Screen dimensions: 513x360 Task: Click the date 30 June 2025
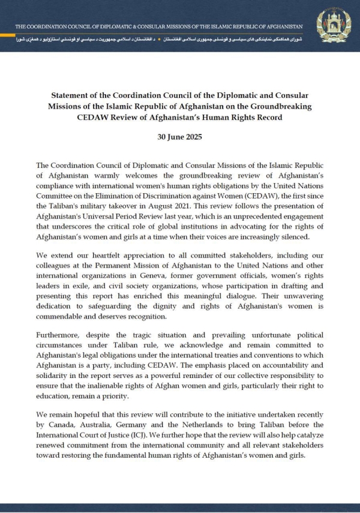tap(180, 136)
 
